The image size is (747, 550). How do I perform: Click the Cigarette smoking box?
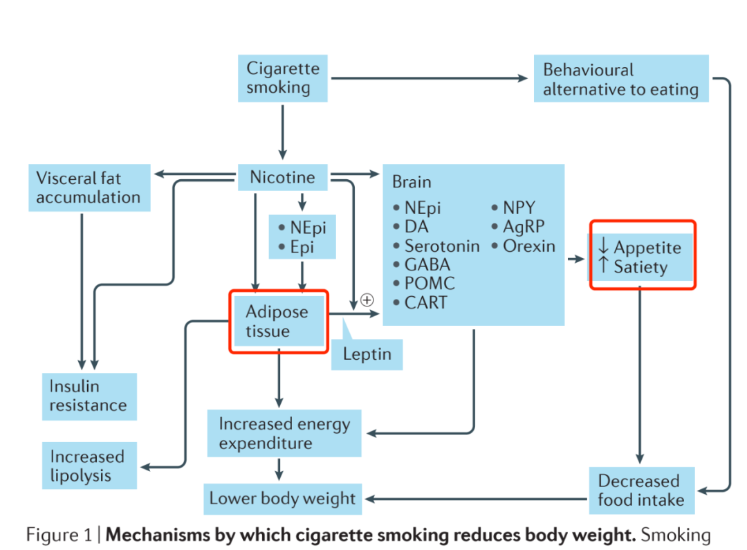(x=283, y=78)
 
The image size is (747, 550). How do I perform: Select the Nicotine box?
(x=282, y=178)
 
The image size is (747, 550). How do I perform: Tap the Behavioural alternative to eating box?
(x=620, y=79)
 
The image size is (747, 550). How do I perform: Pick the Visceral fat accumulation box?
(x=89, y=187)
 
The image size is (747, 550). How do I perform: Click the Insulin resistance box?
(x=89, y=396)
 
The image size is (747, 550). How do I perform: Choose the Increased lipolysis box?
(x=88, y=466)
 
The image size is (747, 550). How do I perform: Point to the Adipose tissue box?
(x=277, y=322)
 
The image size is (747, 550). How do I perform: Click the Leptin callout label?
(x=367, y=355)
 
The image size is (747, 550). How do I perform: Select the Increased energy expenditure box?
(x=284, y=433)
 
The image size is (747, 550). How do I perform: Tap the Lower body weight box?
(x=283, y=499)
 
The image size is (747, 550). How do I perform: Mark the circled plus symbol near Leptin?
(x=367, y=300)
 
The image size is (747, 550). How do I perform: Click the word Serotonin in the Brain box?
(x=441, y=246)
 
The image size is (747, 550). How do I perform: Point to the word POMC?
(x=430, y=284)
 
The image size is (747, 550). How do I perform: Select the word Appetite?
(x=647, y=248)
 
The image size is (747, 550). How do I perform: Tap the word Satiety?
(x=640, y=267)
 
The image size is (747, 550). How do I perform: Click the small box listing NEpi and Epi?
(x=302, y=237)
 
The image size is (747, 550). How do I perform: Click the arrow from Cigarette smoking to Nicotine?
(x=282, y=131)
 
